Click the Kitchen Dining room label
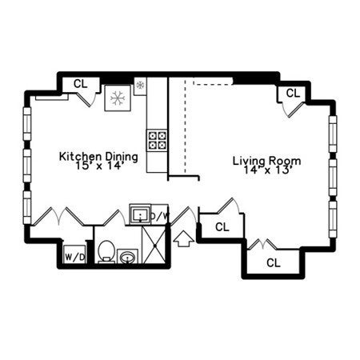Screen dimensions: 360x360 tap(98, 157)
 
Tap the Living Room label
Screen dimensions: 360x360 tap(267, 161)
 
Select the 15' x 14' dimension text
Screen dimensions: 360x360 tap(98, 166)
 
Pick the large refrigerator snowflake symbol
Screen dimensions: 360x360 tap(118, 98)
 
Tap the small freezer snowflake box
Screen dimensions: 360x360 tap(140, 86)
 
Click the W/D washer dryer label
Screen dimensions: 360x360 tap(75, 258)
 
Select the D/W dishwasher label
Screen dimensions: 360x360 tap(159, 216)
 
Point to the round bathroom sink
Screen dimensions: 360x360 tap(128, 257)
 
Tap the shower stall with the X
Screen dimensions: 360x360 tap(154, 245)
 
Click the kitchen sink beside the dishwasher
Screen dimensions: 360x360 tap(140, 214)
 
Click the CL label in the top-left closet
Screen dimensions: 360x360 tap(81, 84)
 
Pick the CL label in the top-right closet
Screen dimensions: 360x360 tap(293, 94)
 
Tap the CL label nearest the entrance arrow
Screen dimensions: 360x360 tap(222, 227)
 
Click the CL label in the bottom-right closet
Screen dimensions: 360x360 tap(274, 263)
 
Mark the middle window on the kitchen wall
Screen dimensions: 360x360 tap(27, 166)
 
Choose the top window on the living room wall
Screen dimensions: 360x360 tap(333, 134)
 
